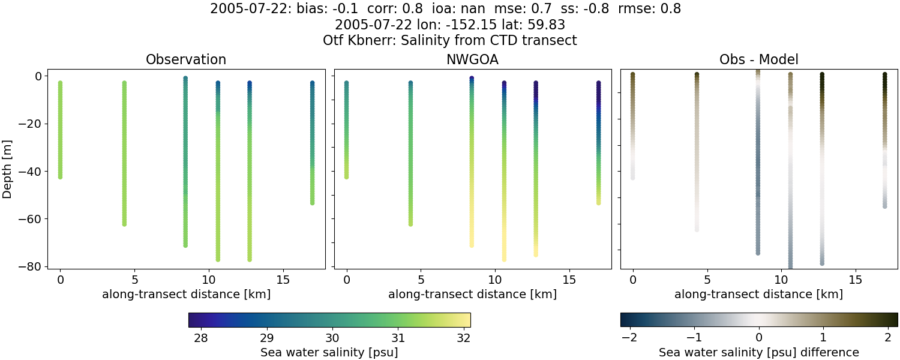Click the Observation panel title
(186, 60)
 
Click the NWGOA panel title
(472, 60)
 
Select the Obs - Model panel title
(758, 60)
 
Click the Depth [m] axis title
(8, 171)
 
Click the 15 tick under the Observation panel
(283, 280)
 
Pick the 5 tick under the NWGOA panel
(421, 280)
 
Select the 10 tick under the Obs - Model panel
(781, 280)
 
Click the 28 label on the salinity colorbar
(201, 338)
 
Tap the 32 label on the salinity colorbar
(463, 338)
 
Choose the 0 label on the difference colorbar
(759, 338)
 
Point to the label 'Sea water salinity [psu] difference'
(758, 352)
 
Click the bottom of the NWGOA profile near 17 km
(598, 203)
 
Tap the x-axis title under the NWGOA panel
(472, 295)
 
